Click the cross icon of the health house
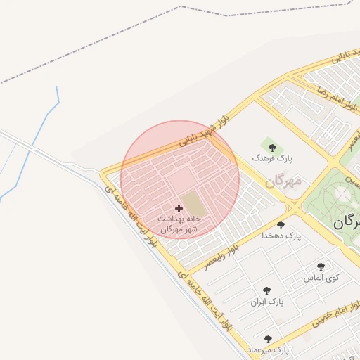[179, 208]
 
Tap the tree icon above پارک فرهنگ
[272, 148]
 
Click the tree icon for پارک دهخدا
[281, 225]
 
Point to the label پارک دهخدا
[281, 237]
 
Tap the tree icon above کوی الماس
[321, 266]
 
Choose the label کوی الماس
[321, 278]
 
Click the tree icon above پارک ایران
[266, 290]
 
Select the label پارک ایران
[266, 302]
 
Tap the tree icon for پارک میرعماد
[268, 339]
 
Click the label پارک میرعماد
[268, 349]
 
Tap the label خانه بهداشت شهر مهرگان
[179, 224]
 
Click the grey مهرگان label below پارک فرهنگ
[283, 181]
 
